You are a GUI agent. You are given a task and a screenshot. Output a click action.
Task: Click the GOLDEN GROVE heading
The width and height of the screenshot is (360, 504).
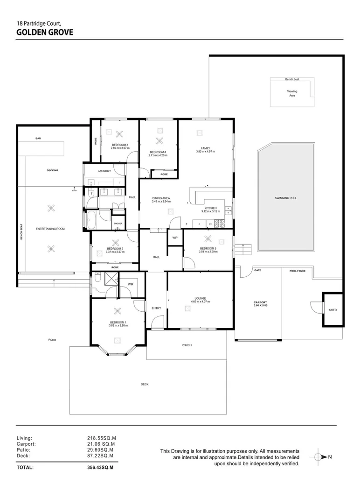[44, 32]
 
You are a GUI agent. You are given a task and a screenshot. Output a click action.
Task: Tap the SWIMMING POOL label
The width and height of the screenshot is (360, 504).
[286, 198]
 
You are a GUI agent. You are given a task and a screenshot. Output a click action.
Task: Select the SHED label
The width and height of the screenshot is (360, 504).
[332, 310]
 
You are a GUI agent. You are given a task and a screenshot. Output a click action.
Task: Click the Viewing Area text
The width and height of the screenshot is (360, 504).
[292, 93]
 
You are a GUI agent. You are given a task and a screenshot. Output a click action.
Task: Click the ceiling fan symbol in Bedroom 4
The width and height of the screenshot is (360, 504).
[159, 141]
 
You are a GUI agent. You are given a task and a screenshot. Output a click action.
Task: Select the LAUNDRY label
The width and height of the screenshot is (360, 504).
[104, 171]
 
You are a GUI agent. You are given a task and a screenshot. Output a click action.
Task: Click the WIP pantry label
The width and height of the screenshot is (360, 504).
[175, 238]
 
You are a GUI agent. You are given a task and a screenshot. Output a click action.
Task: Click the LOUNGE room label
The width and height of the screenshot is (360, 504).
[200, 298]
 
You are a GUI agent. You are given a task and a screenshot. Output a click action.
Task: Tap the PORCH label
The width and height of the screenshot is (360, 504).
[187, 345]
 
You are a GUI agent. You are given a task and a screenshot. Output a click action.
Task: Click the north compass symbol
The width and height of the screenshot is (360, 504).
[320, 457]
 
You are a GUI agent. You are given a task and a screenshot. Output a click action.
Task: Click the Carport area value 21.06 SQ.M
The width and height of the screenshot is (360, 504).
[101, 444]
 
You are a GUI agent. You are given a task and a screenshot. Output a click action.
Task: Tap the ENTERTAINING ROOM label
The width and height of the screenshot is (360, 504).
[50, 229]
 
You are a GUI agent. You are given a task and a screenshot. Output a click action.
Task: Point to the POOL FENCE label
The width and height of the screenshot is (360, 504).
[298, 271]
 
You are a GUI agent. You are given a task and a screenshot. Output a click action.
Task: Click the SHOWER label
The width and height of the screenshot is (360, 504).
[118, 224]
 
